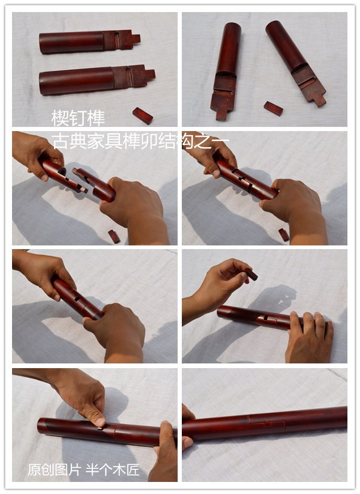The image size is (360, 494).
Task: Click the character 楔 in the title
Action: (60, 118)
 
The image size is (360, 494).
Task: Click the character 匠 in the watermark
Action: (133, 470)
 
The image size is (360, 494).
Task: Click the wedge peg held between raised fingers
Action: (252, 274)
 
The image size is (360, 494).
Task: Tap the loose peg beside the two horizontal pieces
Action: (143, 115)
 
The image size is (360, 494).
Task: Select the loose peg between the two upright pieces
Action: (273, 109)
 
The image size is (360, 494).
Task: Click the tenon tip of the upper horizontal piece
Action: (136, 39)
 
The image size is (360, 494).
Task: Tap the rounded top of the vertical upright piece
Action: (233, 26)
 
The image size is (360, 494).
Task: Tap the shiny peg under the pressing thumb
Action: (100, 428)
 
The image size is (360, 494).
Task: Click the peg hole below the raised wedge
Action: (266, 318)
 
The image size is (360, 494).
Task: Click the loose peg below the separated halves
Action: (114, 237)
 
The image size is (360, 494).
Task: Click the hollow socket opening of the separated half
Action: (62, 171)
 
